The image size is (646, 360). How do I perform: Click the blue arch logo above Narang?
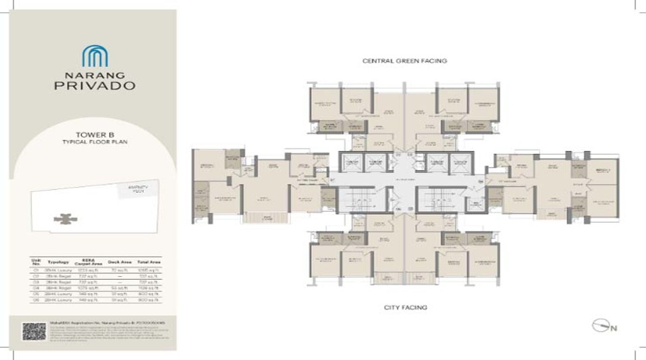coord(95,56)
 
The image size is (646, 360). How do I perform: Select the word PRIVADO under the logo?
coord(95,86)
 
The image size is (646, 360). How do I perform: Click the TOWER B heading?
coord(95,134)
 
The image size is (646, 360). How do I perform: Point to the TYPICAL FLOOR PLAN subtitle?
coord(95,143)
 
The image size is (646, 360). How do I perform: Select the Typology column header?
coord(59,261)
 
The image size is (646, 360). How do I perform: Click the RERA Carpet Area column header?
coord(88,261)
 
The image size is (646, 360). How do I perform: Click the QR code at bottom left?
coord(34,331)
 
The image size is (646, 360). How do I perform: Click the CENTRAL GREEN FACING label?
coord(404,61)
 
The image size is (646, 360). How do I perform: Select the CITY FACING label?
coord(404,307)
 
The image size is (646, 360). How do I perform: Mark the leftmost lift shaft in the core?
coord(351,163)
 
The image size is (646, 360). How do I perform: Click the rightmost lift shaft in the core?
coord(459,163)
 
